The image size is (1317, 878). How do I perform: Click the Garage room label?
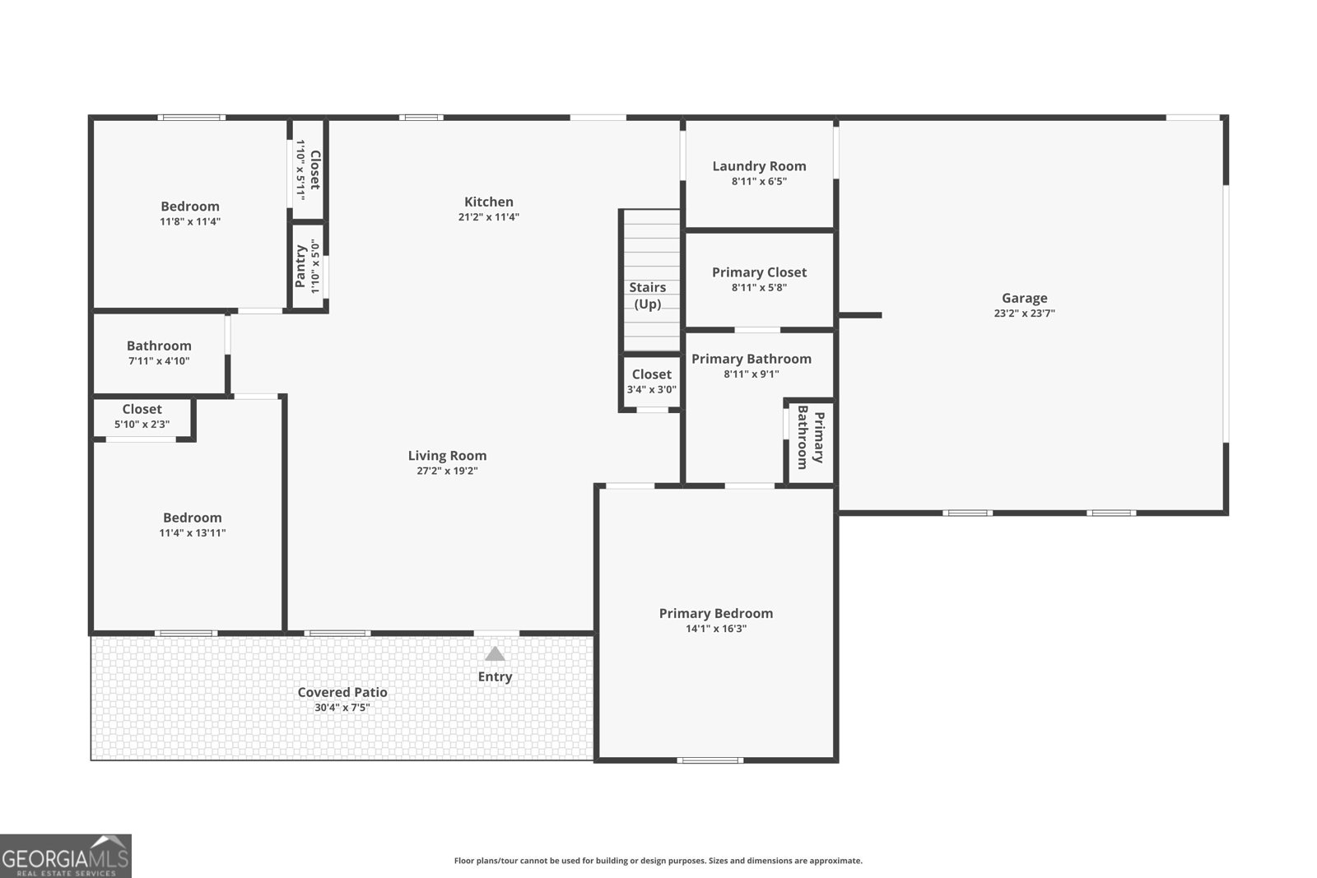coord(1024,298)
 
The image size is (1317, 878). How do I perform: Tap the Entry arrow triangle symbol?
coord(495,654)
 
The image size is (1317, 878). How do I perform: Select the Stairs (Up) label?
coord(648,295)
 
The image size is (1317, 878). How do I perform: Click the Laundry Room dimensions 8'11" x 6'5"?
coord(759,181)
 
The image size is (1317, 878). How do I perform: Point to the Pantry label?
coord(300,266)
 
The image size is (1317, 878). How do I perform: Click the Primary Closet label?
coord(759,272)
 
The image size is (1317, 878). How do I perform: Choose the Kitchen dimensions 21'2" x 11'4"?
coord(488,217)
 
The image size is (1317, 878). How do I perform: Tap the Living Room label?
coord(447,455)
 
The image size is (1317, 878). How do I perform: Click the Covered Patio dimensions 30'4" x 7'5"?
coord(342,707)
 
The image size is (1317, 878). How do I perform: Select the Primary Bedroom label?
coord(715,613)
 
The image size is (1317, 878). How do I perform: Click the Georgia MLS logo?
coord(65,856)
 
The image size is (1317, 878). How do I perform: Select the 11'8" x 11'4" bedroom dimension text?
coord(190,221)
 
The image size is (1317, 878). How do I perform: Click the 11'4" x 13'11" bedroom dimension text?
coord(192,532)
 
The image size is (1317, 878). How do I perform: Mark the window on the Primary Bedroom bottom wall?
coord(710,760)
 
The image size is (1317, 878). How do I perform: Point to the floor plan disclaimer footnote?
coord(658,861)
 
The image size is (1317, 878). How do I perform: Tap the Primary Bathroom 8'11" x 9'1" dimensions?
coord(751,374)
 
